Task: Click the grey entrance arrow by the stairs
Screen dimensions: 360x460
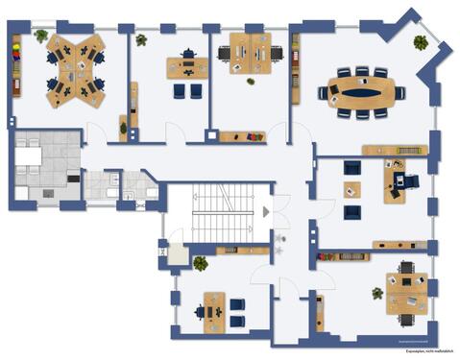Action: pos(266,211)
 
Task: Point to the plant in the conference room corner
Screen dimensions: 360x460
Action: pos(420,42)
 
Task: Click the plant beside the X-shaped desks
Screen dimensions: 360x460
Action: pos(40,36)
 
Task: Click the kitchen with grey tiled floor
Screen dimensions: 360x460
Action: pos(44,167)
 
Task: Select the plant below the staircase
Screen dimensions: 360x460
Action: pos(201,262)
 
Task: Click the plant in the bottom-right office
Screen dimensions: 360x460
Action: pos(377,293)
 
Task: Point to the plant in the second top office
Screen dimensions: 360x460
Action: pos(141,40)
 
